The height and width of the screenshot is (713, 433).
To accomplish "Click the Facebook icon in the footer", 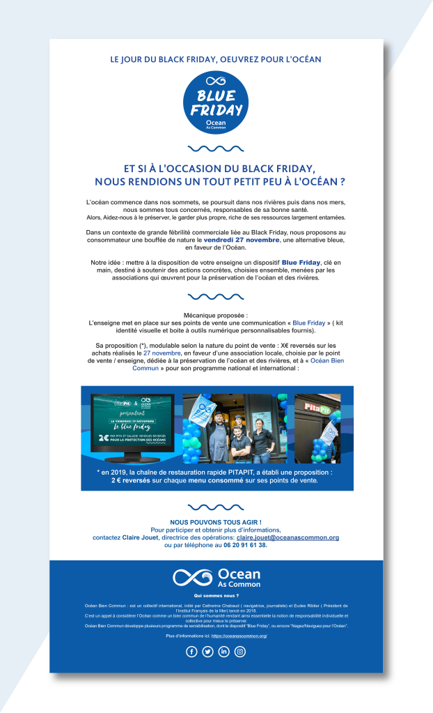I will [192, 652].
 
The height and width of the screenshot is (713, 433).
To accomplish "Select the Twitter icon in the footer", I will [208, 652].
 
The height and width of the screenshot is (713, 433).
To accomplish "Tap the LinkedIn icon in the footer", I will [224, 652].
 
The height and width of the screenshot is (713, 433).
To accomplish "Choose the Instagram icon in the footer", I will [240, 652].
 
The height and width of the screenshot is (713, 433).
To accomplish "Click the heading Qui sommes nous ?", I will [216, 597].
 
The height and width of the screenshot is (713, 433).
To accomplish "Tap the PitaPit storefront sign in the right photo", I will [317, 403].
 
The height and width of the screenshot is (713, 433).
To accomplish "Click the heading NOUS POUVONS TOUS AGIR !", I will [216, 522].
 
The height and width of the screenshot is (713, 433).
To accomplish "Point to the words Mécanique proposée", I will [215, 316].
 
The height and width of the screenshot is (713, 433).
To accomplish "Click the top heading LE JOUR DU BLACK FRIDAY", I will [216, 60].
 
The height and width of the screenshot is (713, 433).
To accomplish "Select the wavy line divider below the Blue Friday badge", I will [216, 148].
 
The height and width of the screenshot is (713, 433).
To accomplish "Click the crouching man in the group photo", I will [241, 447].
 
